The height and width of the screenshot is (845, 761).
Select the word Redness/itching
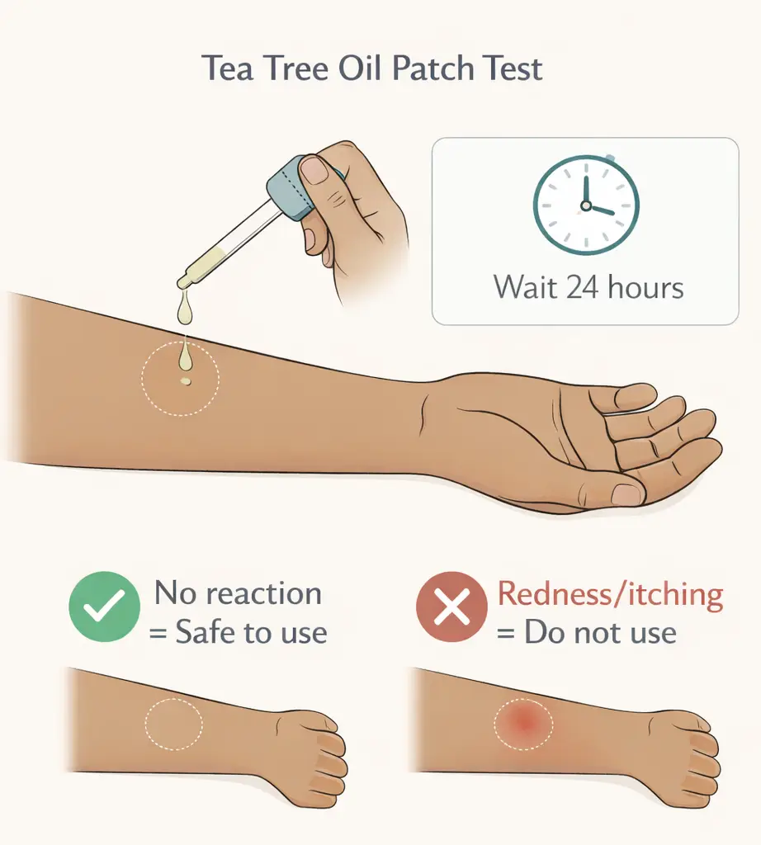[x=611, y=594]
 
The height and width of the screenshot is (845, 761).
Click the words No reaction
[x=239, y=593]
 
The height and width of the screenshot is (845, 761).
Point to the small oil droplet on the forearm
[x=186, y=381]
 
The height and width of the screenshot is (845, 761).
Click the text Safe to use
[x=251, y=633]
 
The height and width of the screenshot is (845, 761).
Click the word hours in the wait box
[x=645, y=288]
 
